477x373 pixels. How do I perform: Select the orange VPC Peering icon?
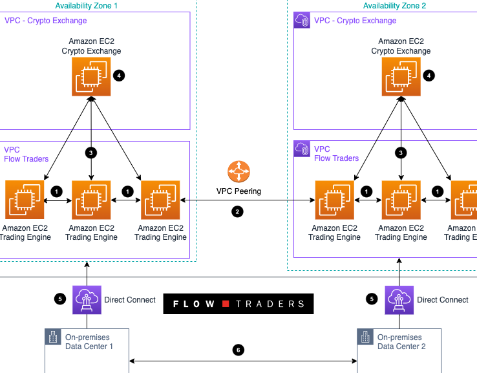238,173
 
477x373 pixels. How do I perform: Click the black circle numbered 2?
238,211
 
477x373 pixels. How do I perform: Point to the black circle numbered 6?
238,350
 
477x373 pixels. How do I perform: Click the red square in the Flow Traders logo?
226,304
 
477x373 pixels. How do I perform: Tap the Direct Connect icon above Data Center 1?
87,299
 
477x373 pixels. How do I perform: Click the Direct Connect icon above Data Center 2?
399,299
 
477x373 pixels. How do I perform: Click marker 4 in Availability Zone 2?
429,76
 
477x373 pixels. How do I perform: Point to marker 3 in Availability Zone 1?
91,153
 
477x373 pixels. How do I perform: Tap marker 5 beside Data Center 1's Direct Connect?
60,299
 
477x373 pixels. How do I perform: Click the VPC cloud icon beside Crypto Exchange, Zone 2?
302,20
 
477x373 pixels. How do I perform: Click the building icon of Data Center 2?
365,337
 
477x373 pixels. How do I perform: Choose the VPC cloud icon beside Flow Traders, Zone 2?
302,149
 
